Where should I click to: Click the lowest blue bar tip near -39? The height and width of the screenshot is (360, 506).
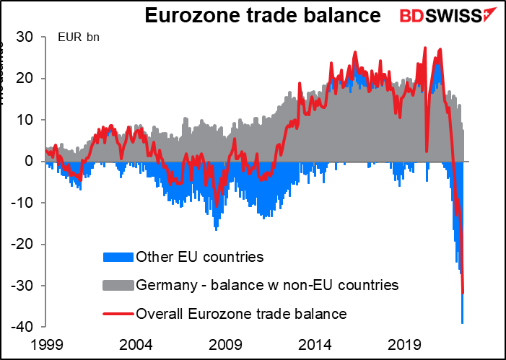click(462, 322)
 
